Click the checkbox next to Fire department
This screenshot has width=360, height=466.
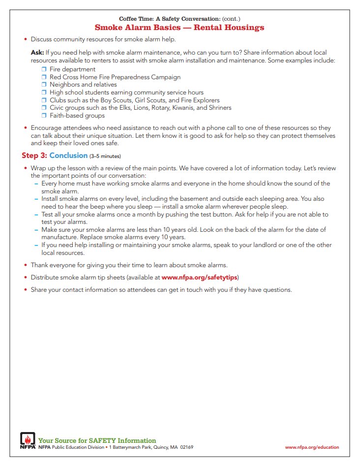(x=44, y=69)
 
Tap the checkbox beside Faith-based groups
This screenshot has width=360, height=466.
(x=44, y=116)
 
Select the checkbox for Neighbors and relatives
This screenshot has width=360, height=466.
(x=44, y=85)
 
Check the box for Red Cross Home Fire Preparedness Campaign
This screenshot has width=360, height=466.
(x=44, y=77)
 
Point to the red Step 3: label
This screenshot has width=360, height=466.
(x=34, y=155)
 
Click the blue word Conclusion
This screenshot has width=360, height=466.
(x=68, y=155)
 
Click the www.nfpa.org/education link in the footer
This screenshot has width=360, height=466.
(x=312, y=447)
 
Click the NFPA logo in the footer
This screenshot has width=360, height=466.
(x=28, y=441)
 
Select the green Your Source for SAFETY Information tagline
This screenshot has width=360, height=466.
(x=97, y=440)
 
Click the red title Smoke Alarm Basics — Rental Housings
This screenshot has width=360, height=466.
(x=180, y=28)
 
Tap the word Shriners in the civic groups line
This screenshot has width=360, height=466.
(x=219, y=108)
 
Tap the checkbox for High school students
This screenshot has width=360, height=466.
(x=44, y=93)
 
